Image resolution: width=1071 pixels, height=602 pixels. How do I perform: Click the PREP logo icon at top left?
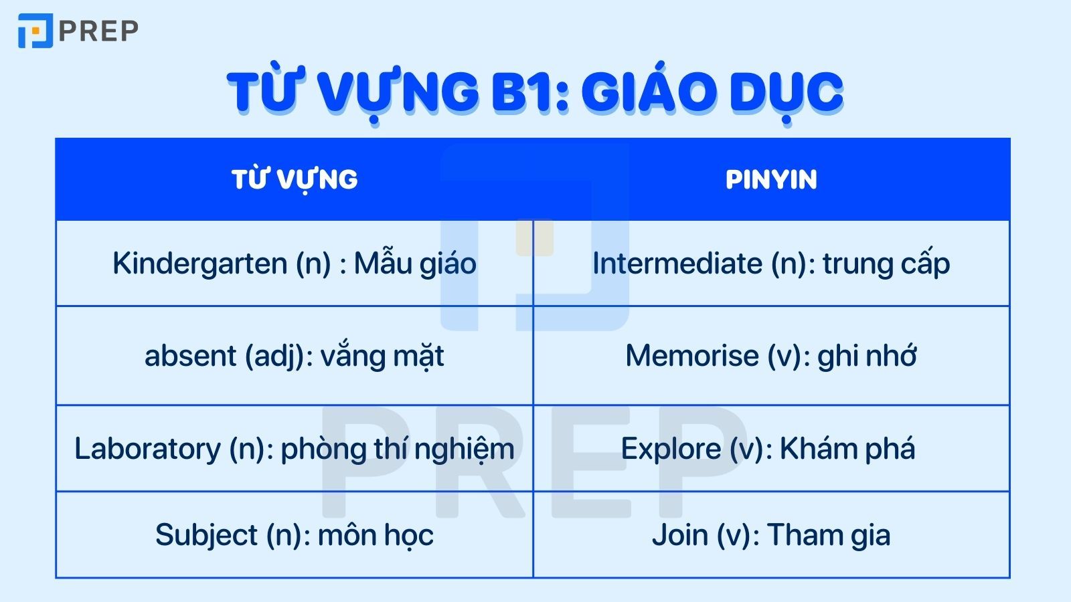click(x=35, y=31)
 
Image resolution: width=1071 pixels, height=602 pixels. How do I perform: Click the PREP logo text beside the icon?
click(x=98, y=31)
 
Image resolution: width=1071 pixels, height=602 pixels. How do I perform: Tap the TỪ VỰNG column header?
click(x=295, y=179)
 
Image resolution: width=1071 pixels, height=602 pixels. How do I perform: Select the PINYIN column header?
click(x=771, y=179)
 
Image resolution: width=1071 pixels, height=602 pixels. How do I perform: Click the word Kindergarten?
click(x=199, y=264)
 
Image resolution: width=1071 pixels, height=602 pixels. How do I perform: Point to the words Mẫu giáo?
click(x=415, y=264)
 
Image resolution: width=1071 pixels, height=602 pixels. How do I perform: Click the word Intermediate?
click(x=677, y=264)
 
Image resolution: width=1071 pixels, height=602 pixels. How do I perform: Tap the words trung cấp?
click(x=886, y=264)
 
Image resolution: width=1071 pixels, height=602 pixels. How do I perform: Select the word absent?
click(x=190, y=356)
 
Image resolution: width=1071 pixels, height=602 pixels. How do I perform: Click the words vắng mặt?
click(x=382, y=356)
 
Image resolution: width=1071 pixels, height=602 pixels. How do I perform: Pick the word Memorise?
click(x=691, y=356)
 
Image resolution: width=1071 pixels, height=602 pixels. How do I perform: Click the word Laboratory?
click(x=147, y=449)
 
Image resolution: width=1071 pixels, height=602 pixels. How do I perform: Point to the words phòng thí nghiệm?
click(x=398, y=449)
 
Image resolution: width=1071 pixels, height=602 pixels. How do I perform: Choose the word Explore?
click(x=671, y=449)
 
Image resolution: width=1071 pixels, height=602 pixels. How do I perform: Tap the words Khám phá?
click(x=847, y=449)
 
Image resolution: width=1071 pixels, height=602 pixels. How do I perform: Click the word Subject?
click(x=206, y=535)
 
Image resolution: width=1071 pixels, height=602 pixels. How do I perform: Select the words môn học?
click(x=376, y=535)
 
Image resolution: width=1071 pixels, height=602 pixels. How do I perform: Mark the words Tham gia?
click(x=829, y=535)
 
